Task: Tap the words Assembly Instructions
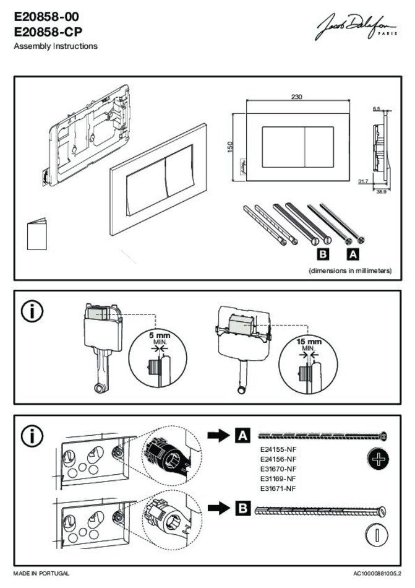coord(55,46)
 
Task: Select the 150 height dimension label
coord(230,148)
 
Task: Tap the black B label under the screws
coord(322,254)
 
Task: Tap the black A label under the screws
coord(353,254)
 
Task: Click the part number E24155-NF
coord(278,449)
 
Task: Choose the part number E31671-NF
coord(278,488)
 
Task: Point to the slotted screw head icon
coord(376,535)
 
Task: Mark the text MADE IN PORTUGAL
coord(41,574)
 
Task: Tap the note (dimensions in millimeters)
coord(350,270)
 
